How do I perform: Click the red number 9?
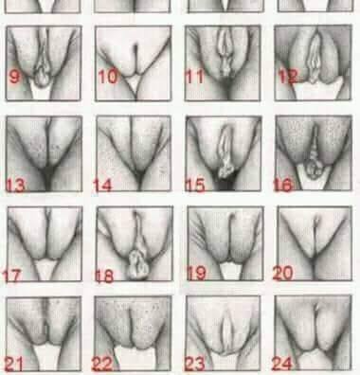(x=14, y=77)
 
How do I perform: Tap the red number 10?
(x=108, y=77)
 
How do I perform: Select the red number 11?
(x=194, y=77)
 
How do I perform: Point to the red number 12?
(x=288, y=77)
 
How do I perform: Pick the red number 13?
(x=15, y=186)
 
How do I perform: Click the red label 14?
(x=102, y=186)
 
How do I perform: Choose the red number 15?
(x=195, y=186)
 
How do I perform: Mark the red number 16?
(x=283, y=186)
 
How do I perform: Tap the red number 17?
(x=11, y=276)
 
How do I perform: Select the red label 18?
(x=104, y=276)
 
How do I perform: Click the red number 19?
(x=196, y=274)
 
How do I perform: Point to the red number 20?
(x=282, y=273)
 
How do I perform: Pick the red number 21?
(x=14, y=364)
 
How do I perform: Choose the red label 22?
(x=102, y=364)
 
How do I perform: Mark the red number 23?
(x=195, y=364)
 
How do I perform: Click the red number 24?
(x=282, y=364)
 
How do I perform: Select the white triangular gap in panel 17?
(x=46, y=269)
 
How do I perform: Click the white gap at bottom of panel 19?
(x=230, y=271)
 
